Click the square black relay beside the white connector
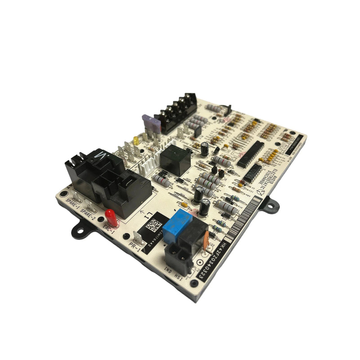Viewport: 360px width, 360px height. click(175, 160)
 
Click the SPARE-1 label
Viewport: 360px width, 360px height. click(73, 201)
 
